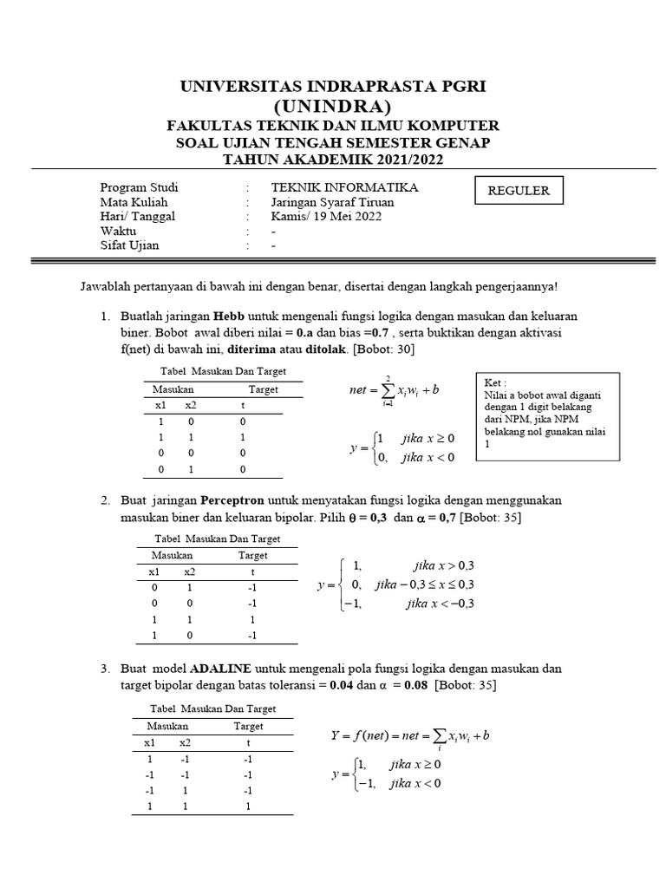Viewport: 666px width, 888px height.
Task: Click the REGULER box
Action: click(x=519, y=191)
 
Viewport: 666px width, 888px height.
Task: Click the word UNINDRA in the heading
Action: click(x=333, y=107)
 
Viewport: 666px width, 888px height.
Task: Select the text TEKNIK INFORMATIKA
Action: click(x=344, y=187)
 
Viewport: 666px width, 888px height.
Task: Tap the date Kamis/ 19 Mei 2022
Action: click(x=325, y=217)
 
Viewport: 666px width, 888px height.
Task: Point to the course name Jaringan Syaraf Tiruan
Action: click(x=332, y=202)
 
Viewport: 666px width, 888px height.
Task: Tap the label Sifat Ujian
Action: click(x=130, y=245)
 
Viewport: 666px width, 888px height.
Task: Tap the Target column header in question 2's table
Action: click(x=253, y=554)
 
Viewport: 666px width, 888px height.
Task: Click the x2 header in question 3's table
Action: click(x=185, y=743)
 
